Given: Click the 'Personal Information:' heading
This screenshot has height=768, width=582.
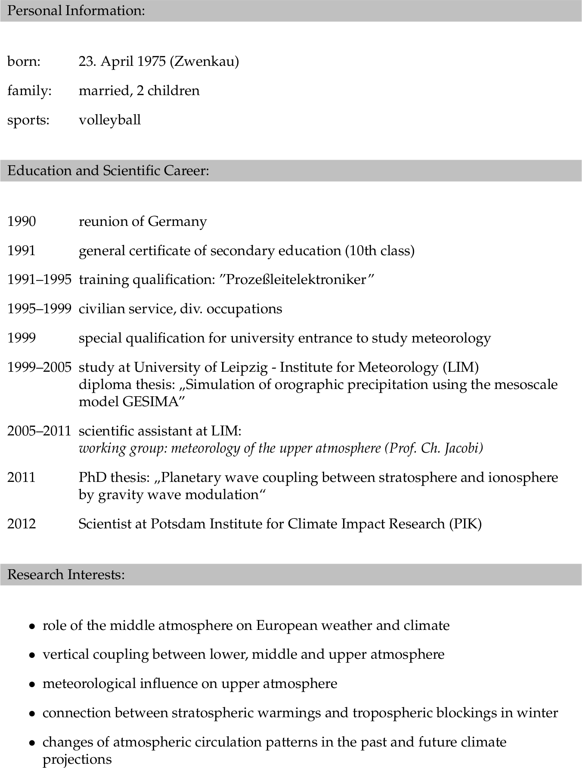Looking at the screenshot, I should coord(76,11).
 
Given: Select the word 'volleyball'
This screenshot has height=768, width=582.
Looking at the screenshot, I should coord(110,120).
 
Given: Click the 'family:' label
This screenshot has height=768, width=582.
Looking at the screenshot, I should coord(29,91).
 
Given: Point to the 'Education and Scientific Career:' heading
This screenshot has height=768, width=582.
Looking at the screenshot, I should coord(108,171).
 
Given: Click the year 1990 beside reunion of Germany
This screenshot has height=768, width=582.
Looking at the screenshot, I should coord(22,222).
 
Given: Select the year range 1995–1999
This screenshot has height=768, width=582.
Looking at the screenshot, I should coord(39,309).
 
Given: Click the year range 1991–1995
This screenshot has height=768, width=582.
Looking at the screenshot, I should coord(39,280).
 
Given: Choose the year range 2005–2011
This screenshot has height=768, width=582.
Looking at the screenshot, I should coord(39,431).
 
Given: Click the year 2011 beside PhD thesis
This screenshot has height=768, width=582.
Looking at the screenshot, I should coord(22,478).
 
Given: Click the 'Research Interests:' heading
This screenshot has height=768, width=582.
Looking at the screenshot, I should coord(66,575).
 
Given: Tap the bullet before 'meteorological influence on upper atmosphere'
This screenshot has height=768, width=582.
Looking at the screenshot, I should coord(32,685).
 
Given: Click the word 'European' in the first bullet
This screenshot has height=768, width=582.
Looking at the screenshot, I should coord(284,625).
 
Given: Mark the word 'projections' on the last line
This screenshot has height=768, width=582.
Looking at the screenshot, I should coord(77,759).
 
